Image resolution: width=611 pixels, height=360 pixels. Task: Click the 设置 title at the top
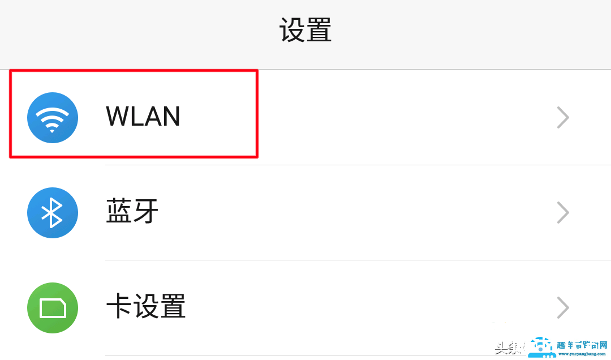pos(305,31)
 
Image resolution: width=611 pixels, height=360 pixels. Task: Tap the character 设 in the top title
pos(292,31)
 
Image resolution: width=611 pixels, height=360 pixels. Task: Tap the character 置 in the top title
pos(319,31)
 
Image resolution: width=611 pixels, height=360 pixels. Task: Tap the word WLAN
pos(143,117)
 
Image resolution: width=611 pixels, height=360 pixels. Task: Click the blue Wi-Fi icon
pos(53,118)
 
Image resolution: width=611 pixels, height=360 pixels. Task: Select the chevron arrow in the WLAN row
pos(563,118)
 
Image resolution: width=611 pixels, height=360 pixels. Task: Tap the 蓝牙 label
pos(132,212)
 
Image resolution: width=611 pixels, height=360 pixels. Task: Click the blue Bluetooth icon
pos(53,213)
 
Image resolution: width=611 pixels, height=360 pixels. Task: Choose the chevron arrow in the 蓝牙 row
pos(563,213)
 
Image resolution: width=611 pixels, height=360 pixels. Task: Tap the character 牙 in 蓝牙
pos(146,212)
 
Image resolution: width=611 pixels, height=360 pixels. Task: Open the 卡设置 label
pos(146,307)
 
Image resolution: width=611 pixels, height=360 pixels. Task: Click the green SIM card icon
pos(53,308)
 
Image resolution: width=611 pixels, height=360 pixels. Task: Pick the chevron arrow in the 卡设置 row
pos(563,308)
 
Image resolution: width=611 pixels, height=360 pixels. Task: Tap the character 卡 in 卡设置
pos(119,307)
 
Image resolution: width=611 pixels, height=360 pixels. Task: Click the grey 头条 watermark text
pos(507,348)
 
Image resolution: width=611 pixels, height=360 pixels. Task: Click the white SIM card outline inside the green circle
pos(53,308)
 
